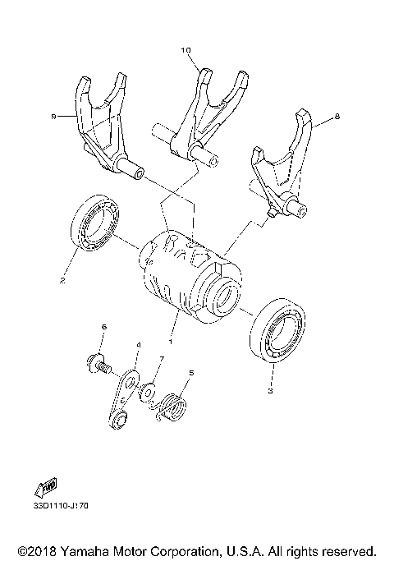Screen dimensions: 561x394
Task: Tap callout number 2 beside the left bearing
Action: coord(62,279)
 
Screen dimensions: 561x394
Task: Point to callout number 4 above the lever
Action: coord(138,346)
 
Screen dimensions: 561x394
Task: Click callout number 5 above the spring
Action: coord(191,373)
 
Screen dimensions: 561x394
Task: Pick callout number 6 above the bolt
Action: coord(103,328)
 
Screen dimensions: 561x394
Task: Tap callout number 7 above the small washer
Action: coord(163,360)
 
